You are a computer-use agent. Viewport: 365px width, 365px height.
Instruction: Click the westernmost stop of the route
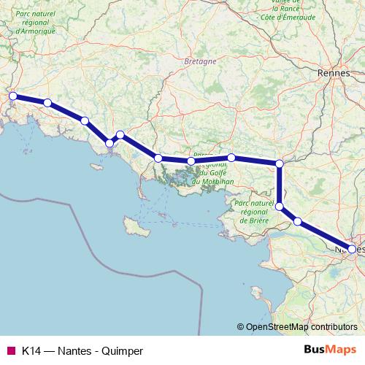(12, 96)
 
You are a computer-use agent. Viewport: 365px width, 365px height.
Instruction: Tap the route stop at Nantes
(352, 249)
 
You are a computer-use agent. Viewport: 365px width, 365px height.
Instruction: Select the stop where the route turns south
(279, 163)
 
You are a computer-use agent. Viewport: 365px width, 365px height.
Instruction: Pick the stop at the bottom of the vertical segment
(279, 207)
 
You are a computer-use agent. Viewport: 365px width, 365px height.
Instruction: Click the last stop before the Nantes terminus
(298, 220)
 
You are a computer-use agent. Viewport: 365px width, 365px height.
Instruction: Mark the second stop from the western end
(47, 103)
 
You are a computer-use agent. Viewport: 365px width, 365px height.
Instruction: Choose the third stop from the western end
(85, 120)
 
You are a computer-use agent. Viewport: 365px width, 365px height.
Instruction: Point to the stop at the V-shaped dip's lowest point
(109, 143)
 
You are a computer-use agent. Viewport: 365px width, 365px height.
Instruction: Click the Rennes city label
(334, 74)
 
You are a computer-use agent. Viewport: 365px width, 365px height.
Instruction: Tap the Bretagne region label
(201, 62)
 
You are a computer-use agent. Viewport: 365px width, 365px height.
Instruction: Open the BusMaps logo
(331, 350)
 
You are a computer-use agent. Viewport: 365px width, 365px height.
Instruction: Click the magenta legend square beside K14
(10, 351)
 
